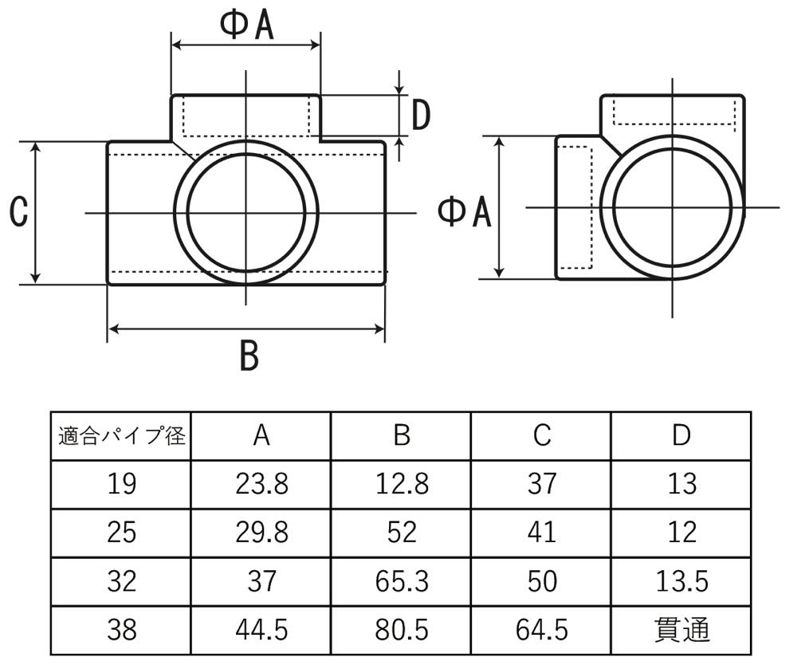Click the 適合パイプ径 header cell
click(x=121, y=435)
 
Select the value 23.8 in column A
click(x=261, y=483)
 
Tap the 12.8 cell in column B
click(x=402, y=483)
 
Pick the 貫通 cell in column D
click(x=681, y=630)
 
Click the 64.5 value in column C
click(x=541, y=630)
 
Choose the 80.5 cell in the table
click(x=402, y=630)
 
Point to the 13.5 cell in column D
click(x=681, y=581)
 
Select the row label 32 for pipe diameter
click(x=121, y=581)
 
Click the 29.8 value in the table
click(x=261, y=533)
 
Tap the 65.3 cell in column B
click(x=402, y=581)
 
